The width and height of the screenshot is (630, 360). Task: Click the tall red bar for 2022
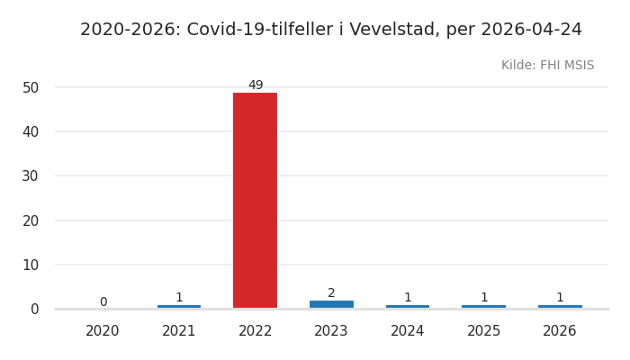click(x=256, y=200)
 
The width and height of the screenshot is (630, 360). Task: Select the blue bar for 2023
click(x=331, y=304)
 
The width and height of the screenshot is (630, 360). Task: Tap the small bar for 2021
click(x=179, y=307)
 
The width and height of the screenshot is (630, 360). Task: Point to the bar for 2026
click(x=560, y=307)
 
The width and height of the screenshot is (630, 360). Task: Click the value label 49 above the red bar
click(x=256, y=85)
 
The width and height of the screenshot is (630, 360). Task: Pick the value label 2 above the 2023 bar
click(x=331, y=293)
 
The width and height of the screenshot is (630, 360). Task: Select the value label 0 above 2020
click(x=103, y=302)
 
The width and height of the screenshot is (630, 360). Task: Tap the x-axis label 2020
click(x=103, y=331)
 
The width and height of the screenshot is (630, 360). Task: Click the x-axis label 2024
click(x=408, y=331)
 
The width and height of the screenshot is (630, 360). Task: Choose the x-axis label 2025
click(x=483, y=331)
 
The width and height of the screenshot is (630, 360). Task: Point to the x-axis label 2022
click(x=256, y=331)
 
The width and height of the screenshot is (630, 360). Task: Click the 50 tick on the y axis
click(x=31, y=87)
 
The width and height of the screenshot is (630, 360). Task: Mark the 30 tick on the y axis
click(x=31, y=176)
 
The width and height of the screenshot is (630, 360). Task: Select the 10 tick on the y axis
click(x=31, y=265)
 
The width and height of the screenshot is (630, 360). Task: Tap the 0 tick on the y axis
click(x=34, y=309)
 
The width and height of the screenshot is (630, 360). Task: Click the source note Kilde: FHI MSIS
click(x=547, y=66)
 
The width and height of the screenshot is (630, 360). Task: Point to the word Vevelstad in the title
click(x=393, y=30)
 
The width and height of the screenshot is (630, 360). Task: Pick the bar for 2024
click(x=408, y=307)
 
